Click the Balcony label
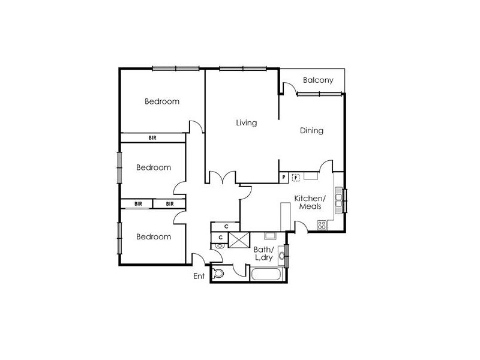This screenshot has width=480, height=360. coord(318,80)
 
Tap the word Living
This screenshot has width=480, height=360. coord(247,123)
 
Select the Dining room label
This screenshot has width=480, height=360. coord(311,131)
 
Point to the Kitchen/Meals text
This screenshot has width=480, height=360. coord(310,202)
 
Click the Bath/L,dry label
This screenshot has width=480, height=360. coord(263,253)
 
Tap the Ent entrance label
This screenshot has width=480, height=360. coord(199,276)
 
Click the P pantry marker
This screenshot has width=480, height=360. coord(284,177)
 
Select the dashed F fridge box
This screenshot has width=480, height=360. coord(296,177)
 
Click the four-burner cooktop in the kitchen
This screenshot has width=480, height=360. coord(322,225)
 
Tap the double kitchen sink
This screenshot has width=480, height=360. coord(338,200)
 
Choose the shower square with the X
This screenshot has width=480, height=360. coord(239,239)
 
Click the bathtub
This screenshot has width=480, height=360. coord(266,274)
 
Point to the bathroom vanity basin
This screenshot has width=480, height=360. coord(281,256)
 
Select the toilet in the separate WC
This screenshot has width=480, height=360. coord(218,273)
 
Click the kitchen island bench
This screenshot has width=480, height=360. coord(286,217)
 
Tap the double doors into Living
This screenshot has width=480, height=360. coord(223,178)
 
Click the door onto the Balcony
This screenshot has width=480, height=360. coord(290,89)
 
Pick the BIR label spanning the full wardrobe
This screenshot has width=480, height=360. coord(152,138)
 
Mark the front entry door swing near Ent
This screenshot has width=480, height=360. coord(198,259)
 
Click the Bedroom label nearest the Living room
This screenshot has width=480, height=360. coord(162,101)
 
